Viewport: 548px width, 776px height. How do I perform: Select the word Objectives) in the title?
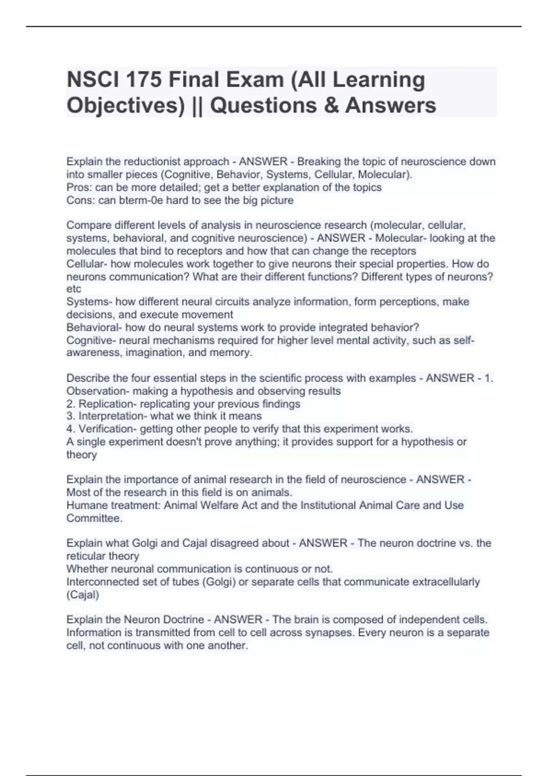pos(126,106)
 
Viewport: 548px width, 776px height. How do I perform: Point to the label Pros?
pos(79,188)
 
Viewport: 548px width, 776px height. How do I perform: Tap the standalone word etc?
pos(74,289)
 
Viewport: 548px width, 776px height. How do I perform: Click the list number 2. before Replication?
pos(71,404)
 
